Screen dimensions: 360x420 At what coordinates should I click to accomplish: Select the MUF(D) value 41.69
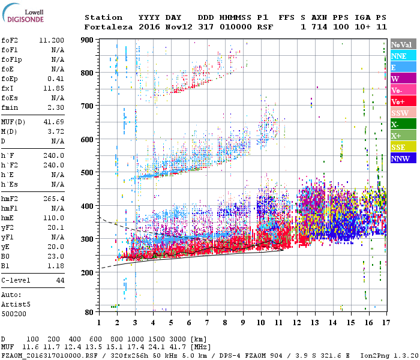pyautogui.click(x=55, y=122)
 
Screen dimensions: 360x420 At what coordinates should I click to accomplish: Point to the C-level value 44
pyautogui.click(x=60, y=280)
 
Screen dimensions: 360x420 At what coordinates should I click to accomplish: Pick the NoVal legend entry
pyautogui.click(x=401, y=44)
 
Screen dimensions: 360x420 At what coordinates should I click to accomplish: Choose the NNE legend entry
pyautogui.click(x=399, y=56)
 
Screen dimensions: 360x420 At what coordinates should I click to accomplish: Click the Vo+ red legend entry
pyautogui.click(x=398, y=101)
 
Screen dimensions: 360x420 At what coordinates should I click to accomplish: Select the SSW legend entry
pyautogui.click(x=399, y=113)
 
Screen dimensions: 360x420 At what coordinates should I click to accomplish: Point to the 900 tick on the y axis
pyautogui.click(x=87, y=40)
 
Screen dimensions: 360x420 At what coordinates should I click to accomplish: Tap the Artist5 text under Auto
pyautogui.click(x=14, y=304)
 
